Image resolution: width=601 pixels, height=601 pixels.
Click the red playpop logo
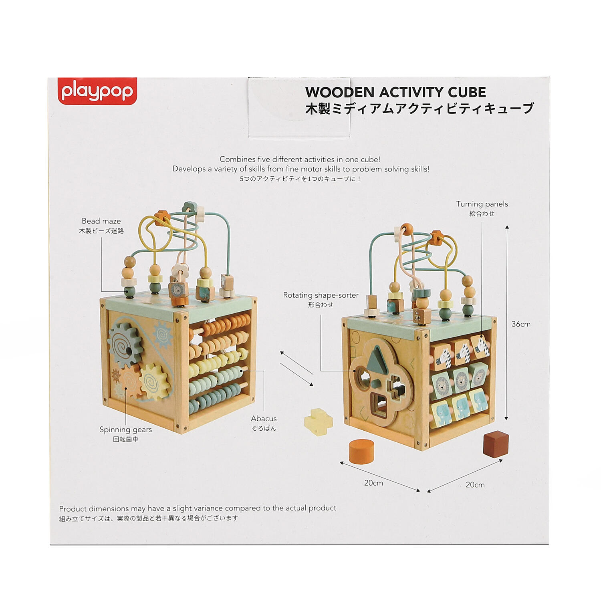click(x=97, y=91)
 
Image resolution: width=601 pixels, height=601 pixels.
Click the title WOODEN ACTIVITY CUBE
click(x=395, y=92)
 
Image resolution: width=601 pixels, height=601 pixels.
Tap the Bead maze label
click(x=101, y=221)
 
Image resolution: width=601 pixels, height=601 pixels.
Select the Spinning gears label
click(x=125, y=430)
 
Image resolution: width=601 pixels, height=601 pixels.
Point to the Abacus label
click(x=264, y=418)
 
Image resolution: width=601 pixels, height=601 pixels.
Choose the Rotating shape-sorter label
click(x=321, y=295)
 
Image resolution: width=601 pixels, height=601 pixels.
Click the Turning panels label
click(x=482, y=204)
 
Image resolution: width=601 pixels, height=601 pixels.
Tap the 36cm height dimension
click(x=521, y=324)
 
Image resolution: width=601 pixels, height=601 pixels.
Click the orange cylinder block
click(x=361, y=452)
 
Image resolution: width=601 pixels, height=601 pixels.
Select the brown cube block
click(x=496, y=443)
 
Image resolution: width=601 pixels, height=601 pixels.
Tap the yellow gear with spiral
click(x=155, y=381)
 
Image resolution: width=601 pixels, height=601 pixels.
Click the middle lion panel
click(x=461, y=379)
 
